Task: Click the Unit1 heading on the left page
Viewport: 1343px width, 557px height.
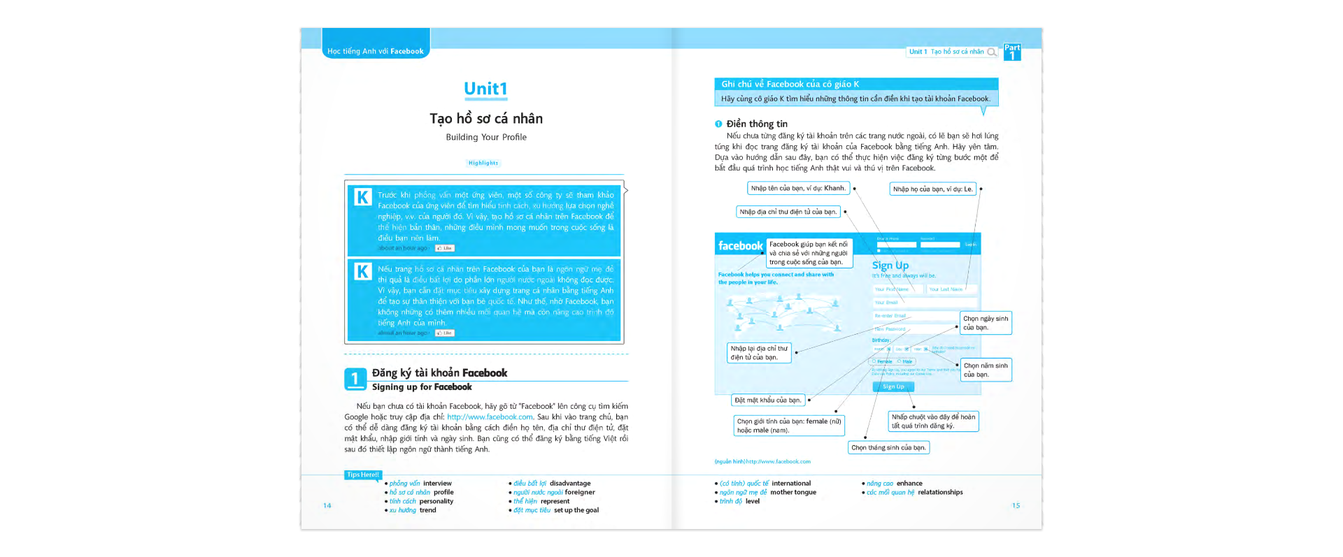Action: (485, 89)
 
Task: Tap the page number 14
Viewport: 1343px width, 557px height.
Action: (327, 505)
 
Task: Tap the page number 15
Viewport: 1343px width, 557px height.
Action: (1016, 505)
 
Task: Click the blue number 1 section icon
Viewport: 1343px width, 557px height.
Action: (355, 379)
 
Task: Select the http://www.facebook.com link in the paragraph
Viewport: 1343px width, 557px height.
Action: (490, 417)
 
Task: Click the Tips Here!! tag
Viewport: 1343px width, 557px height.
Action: (363, 475)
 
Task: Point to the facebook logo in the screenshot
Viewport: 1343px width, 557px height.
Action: (740, 246)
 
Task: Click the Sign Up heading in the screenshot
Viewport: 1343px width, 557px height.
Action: (890, 266)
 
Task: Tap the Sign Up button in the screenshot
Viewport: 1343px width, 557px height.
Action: (893, 386)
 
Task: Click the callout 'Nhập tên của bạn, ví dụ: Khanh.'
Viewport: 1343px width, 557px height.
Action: (798, 188)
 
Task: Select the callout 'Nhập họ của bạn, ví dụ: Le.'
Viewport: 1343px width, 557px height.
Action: (932, 189)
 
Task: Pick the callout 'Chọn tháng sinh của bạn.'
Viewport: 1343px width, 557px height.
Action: (888, 447)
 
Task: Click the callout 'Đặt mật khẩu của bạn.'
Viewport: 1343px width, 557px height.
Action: (767, 400)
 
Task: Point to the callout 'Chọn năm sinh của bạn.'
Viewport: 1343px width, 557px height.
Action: (986, 370)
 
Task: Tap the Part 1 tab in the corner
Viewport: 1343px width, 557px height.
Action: (1011, 52)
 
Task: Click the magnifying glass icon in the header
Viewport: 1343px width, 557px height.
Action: (991, 52)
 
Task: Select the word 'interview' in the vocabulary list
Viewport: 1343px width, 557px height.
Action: (437, 484)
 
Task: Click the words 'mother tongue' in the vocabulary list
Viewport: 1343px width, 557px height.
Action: (793, 493)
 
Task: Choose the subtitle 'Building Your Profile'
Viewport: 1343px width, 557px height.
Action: (486, 137)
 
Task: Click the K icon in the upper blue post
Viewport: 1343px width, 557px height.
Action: (362, 197)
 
